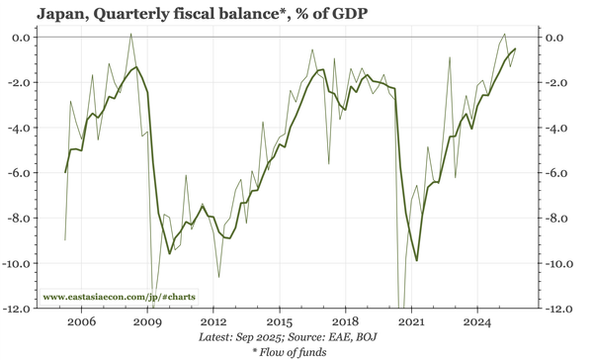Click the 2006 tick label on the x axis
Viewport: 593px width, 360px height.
point(81,322)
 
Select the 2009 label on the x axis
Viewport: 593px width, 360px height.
point(147,322)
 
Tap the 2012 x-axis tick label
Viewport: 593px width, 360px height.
point(213,322)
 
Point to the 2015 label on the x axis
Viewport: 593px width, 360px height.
point(280,322)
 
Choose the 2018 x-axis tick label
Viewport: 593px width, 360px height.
point(345,322)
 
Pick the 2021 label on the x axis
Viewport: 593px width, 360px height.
point(411,322)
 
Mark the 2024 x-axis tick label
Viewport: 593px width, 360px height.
point(477,322)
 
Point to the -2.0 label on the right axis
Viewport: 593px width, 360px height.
point(558,83)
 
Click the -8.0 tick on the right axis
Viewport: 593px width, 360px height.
point(558,219)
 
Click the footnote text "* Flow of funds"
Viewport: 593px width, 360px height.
point(296,352)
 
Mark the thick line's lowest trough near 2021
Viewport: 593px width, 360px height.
point(417,261)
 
